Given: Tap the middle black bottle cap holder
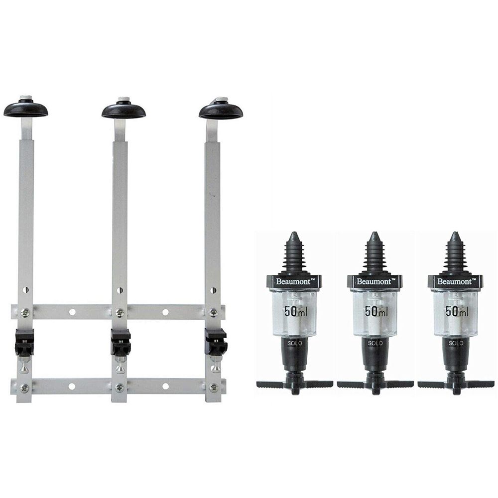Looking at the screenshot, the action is [124, 110].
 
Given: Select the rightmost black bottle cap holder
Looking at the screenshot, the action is [221, 111].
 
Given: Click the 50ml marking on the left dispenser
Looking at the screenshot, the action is [296, 311].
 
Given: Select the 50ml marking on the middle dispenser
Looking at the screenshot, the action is [376, 311].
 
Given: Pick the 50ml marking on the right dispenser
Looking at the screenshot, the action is [457, 311].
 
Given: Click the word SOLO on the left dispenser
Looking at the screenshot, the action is [294, 343].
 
